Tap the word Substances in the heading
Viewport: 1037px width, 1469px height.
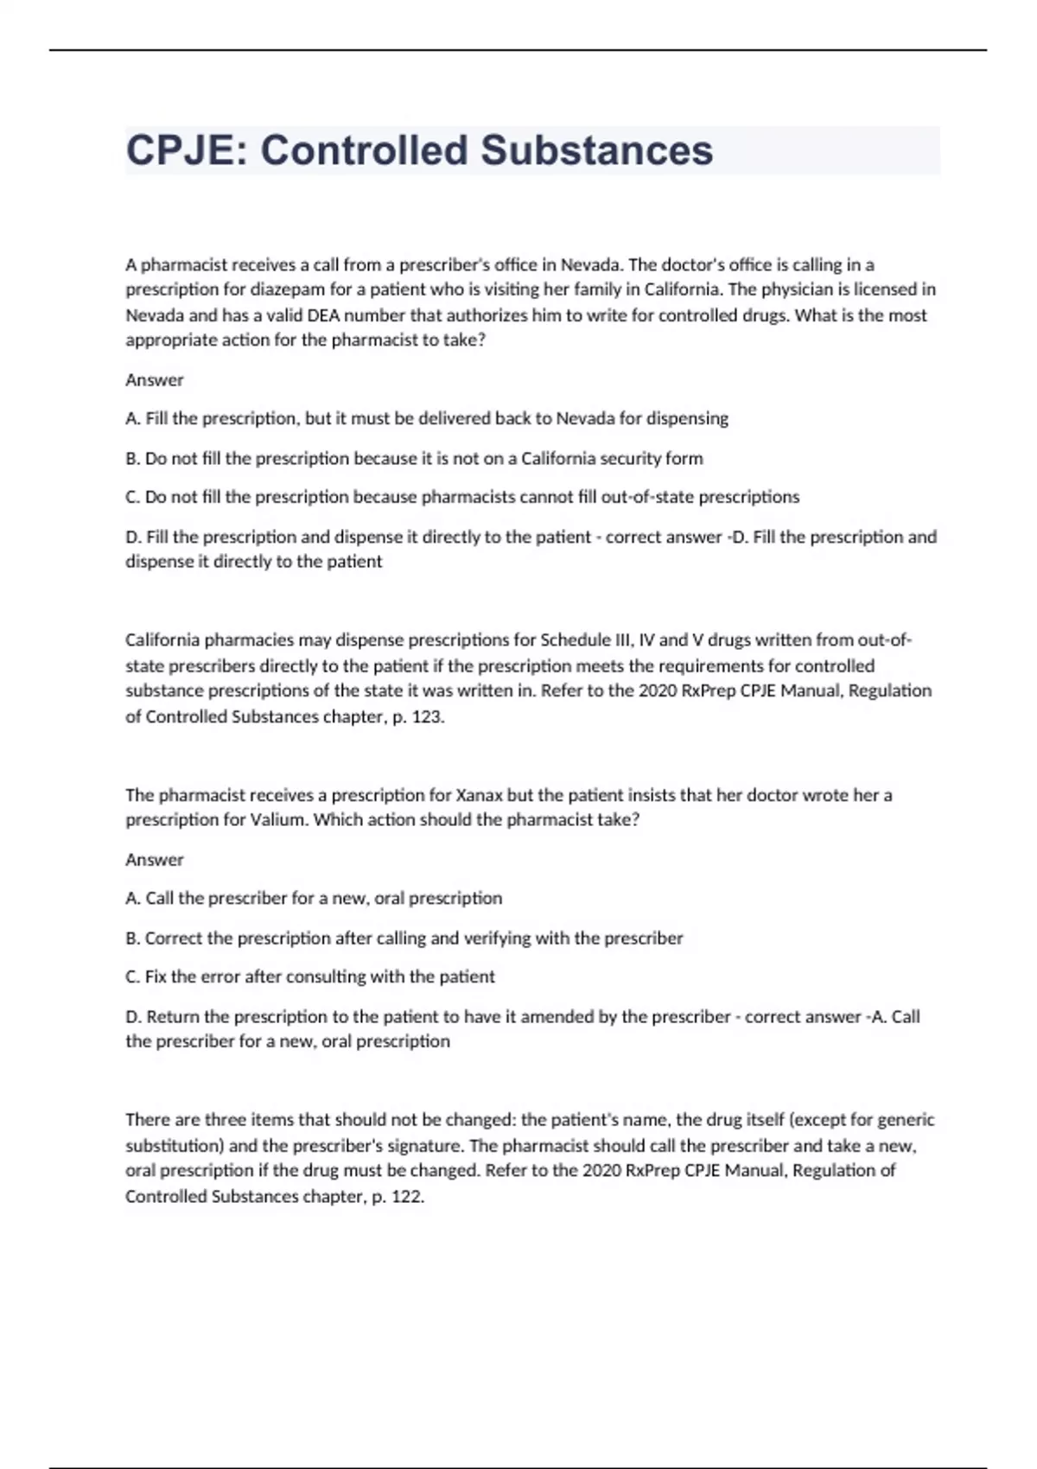tap(596, 150)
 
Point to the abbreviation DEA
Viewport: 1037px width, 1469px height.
tap(324, 315)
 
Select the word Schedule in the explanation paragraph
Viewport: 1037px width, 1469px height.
tap(575, 640)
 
